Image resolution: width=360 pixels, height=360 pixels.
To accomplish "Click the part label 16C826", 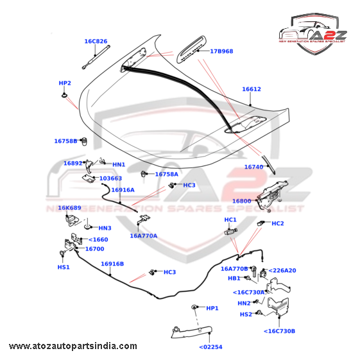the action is click(x=96, y=41).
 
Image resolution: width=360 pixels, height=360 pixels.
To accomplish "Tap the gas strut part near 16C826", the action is click(x=96, y=57).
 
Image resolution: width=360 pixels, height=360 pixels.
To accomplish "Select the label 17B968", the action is click(x=221, y=51).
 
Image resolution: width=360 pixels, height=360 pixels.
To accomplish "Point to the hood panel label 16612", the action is click(x=252, y=89).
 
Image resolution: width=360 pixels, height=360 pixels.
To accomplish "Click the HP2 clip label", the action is click(x=65, y=83).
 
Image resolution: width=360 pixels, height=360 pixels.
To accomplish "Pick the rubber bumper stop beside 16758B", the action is click(x=85, y=141).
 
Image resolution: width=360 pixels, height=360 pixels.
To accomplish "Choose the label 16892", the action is click(x=73, y=163).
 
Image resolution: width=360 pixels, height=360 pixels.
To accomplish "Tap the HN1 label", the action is click(x=119, y=165).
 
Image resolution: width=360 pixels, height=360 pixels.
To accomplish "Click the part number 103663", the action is click(x=110, y=178).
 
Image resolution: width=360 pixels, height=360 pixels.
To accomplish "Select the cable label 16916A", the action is click(x=123, y=190).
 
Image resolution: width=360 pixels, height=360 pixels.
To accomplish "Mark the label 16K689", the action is click(x=69, y=208).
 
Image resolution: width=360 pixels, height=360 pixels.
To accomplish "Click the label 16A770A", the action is click(x=144, y=236).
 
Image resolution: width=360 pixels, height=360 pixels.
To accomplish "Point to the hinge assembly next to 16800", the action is click(x=272, y=196).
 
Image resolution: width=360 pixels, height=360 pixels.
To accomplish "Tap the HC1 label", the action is click(x=230, y=219).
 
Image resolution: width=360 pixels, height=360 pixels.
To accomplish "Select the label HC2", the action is click(x=278, y=223).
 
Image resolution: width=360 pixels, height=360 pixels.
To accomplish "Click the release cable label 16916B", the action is click(x=112, y=264).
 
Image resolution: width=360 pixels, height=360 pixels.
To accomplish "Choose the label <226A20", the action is click(x=282, y=270).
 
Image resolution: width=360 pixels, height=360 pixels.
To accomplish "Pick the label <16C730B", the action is click(x=279, y=331).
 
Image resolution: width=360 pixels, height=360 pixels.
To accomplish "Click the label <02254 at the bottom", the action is click(x=210, y=347).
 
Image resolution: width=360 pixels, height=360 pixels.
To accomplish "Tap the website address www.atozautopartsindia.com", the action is click(x=73, y=346).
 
